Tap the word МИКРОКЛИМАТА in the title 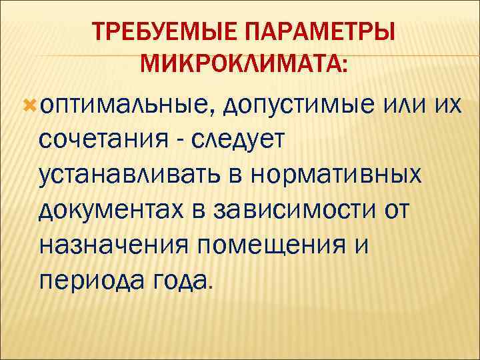coord(241,66)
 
